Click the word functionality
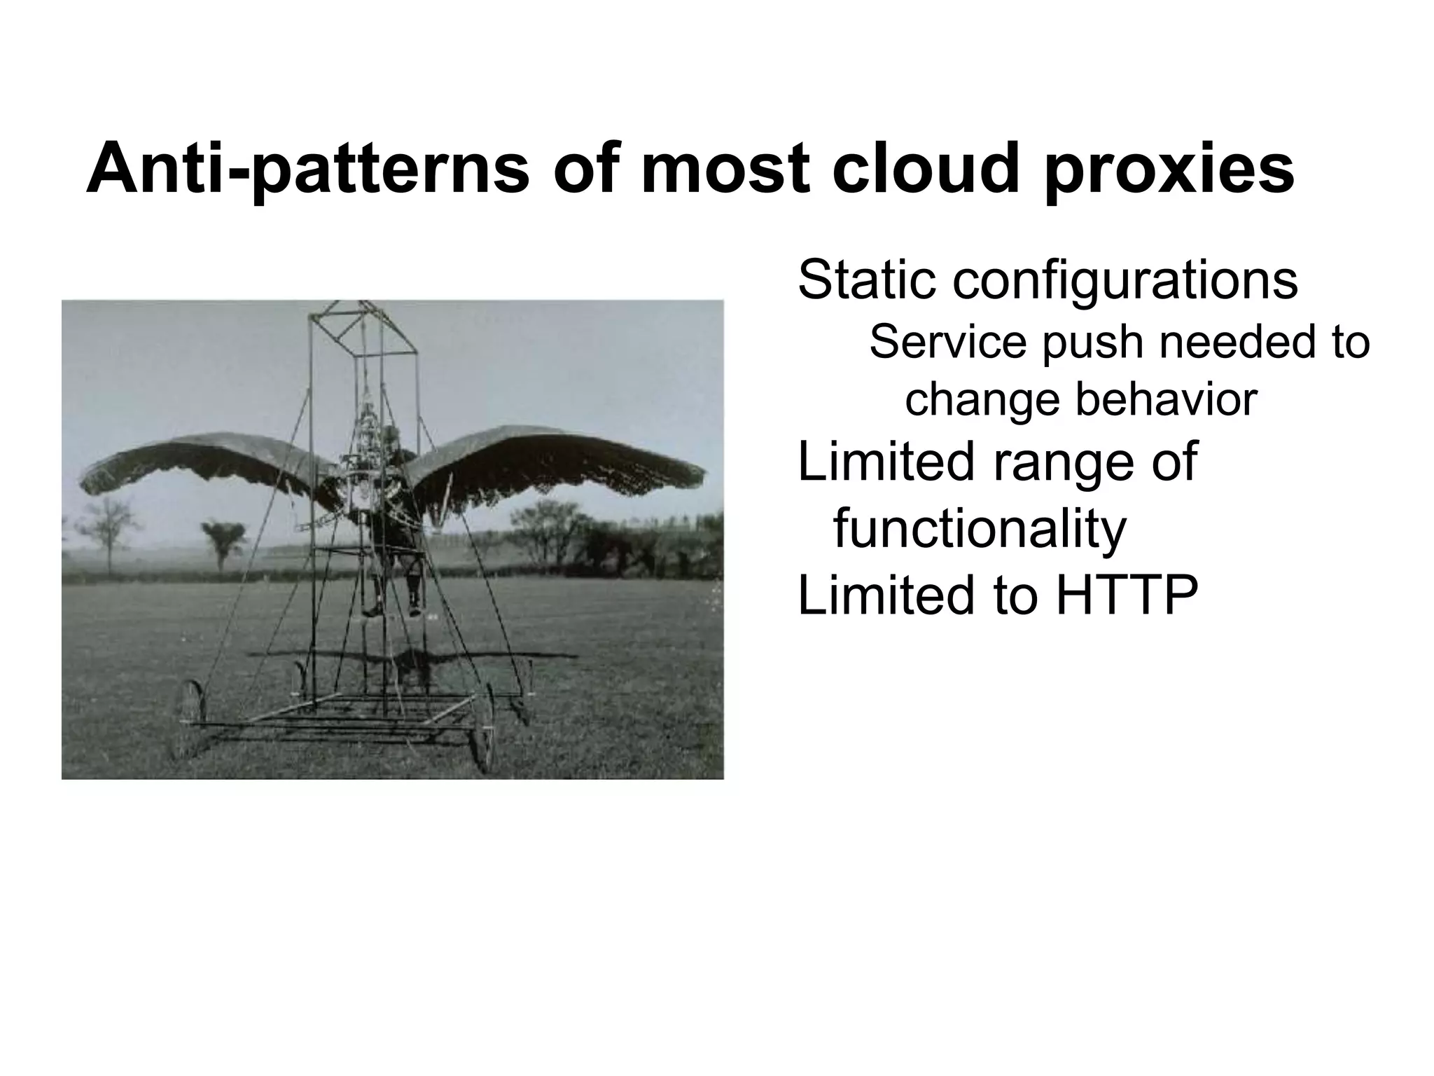[980, 529]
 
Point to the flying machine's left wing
[210, 462]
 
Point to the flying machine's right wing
[560, 459]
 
